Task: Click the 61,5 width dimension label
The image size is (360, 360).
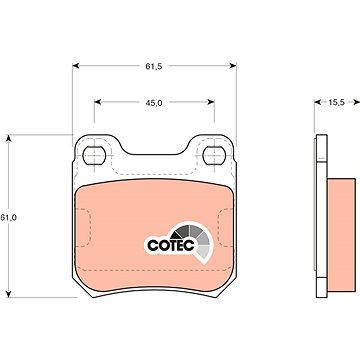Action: tap(153, 66)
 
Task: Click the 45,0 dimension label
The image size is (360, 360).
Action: tap(154, 103)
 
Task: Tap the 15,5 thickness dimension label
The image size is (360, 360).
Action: tap(336, 103)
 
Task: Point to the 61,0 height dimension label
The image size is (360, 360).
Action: tap(9, 218)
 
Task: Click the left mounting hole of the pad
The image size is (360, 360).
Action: tap(94, 155)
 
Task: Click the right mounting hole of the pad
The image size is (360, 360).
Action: tap(214, 155)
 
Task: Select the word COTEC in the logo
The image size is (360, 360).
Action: tap(171, 245)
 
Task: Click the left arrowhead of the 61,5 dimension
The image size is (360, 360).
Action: tap(76, 66)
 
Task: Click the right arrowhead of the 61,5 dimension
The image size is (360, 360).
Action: tap(233, 66)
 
